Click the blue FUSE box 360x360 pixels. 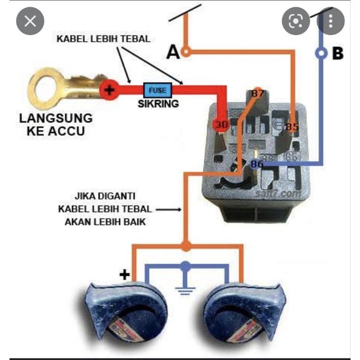(157, 89)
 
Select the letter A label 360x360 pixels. (173, 52)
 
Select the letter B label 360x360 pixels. (338, 54)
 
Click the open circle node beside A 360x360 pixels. (187, 52)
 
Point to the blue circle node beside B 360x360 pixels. (322, 54)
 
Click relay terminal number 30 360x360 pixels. (220, 124)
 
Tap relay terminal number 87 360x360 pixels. (257, 94)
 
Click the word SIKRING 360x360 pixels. (158, 104)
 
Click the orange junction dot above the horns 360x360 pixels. (187, 246)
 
